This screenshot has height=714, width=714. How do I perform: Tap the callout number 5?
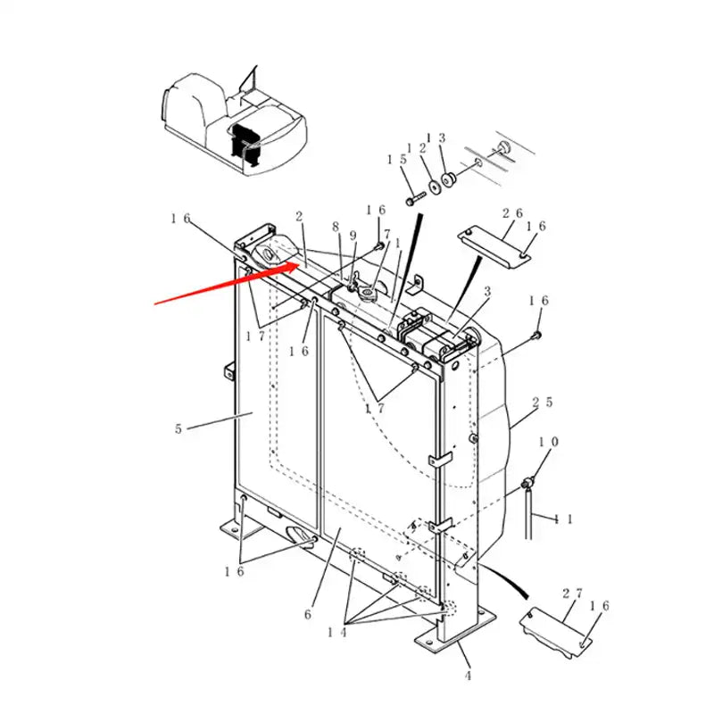179,428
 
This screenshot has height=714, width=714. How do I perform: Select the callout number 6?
308,614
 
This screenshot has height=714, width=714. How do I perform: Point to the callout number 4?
468,676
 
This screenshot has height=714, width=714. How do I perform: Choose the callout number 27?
572,593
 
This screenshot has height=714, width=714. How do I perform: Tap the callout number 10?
548,443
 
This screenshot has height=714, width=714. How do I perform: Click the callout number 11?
564,518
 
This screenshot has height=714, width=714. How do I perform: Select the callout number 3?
487,292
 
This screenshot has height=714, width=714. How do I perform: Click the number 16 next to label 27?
601,606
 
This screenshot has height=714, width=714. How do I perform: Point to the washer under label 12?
434,187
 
